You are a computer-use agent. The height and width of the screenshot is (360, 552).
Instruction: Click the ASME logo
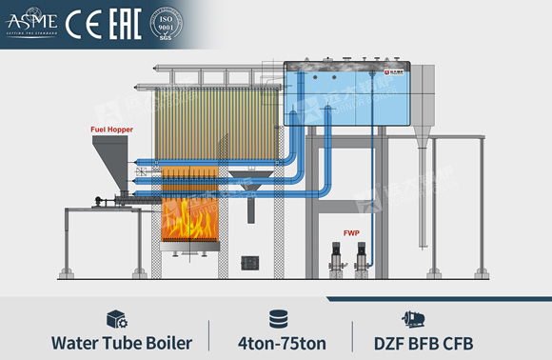pos(31,18)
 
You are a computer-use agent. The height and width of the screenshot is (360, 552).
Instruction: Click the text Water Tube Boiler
pos(121,342)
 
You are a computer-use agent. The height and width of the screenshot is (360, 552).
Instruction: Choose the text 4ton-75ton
pos(277,342)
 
